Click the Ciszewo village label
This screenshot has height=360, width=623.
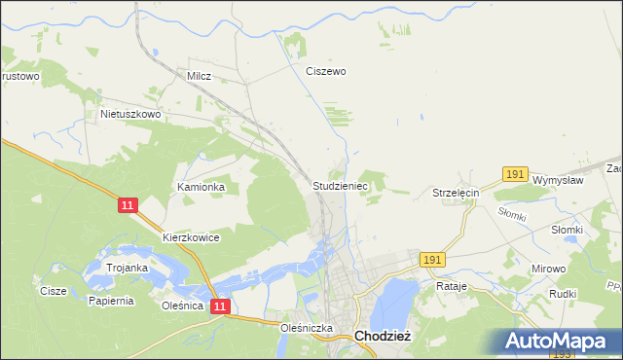click(326, 71)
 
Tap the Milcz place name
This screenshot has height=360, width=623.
click(199, 75)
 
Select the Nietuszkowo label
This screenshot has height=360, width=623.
click(130, 114)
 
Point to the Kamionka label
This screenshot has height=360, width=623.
click(201, 186)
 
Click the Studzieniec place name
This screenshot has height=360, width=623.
click(339, 184)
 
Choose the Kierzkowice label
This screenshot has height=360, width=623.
click(191, 236)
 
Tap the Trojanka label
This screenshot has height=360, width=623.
click(127, 268)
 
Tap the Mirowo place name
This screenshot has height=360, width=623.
click(548, 268)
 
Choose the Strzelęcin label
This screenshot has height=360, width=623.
click(457, 193)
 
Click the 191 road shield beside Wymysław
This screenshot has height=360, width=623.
click(515, 174)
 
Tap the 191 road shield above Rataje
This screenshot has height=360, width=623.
click(432, 260)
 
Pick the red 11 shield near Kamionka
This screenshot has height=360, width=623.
click(128, 206)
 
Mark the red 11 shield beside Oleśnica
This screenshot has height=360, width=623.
click(220, 306)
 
